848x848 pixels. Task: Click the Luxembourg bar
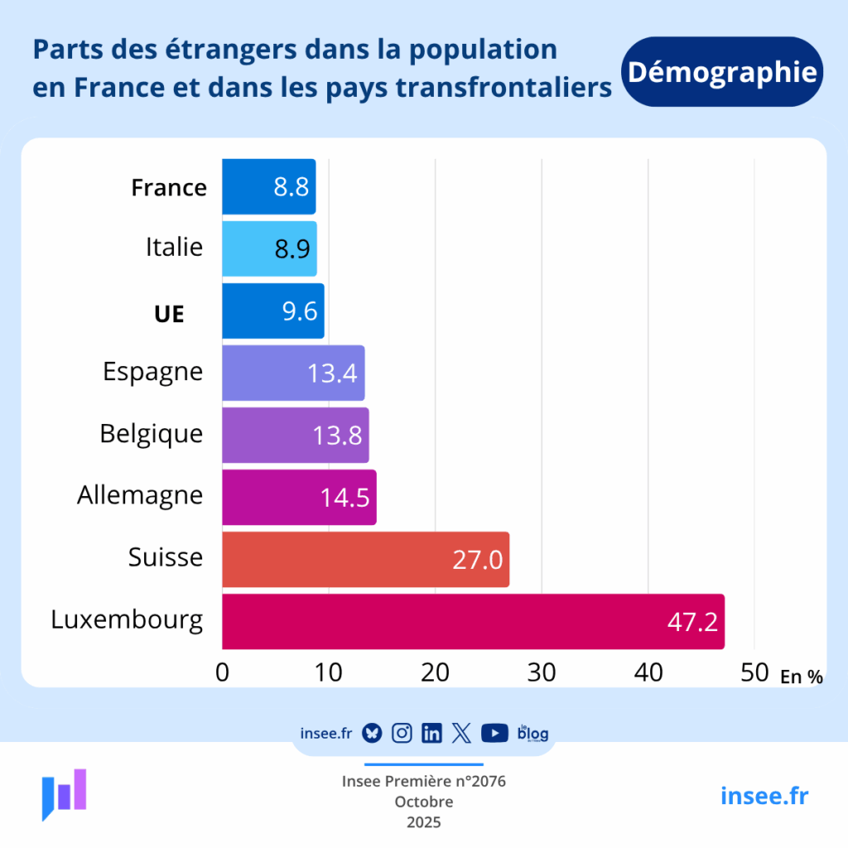(x=472, y=621)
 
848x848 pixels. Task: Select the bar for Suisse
(x=364, y=559)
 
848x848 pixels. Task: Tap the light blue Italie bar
(x=269, y=248)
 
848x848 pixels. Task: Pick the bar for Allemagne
(x=298, y=497)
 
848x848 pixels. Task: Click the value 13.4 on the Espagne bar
(x=332, y=373)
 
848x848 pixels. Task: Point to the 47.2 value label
(x=692, y=622)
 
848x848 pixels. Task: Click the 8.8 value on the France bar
(x=291, y=187)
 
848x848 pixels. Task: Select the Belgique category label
(x=152, y=433)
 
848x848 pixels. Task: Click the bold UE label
(x=169, y=314)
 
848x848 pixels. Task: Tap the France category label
(x=169, y=188)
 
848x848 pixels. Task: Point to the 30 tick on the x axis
(x=542, y=672)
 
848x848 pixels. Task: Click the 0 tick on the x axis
(x=222, y=672)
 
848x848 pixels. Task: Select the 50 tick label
(x=754, y=672)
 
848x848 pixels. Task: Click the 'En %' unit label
(x=801, y=677)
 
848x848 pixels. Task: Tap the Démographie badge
(x=721, y=72)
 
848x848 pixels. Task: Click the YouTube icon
(x=494, y=733)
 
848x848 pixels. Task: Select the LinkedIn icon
(x=431, y=733)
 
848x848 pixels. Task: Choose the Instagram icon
(x=402, y=733)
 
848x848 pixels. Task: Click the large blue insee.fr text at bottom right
(x=764, y=796)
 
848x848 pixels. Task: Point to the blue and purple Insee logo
(x=65, y=793)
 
